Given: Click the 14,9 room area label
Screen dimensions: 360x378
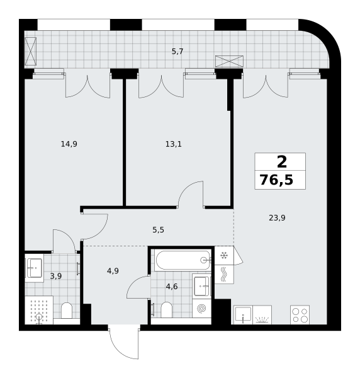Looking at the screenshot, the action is pyautogui.click(x=69, y=144).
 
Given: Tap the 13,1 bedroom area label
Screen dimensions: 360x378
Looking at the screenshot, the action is pyautogui.click(x=173, y=144).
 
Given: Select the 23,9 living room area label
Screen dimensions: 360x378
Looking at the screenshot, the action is pyautogui.click(x=277, y=218).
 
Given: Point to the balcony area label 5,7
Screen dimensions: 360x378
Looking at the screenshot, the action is pyautogui.click(x=177, y=52).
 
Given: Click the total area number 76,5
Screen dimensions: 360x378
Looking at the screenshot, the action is pyautogui.click(x=277, y=180).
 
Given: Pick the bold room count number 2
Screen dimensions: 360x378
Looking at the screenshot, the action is pyautogui.click(x=282, y=162).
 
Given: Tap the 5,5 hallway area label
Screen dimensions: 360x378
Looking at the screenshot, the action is pyautogui.click(x=158, y=230).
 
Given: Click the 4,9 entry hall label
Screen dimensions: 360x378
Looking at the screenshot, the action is pyautogui.click(x=113, y=271).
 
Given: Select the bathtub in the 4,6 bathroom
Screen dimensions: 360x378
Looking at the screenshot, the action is pyautogui.click(x=183, y=260).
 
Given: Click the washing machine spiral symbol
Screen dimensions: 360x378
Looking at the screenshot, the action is pyautogui.click(x=201, y=309).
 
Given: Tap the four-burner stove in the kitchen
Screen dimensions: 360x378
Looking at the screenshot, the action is pyautogui.click(x=300, y=315).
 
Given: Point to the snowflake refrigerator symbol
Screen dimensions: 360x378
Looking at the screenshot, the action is pyautogui.click(x=224, y=255).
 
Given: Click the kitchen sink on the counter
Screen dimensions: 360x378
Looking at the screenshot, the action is pyautogui.click(x=243, y=314).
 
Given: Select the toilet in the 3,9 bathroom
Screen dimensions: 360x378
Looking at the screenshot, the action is pyautogui.click(x=67, y=311).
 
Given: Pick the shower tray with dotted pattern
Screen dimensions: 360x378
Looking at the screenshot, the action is pyautogui.click(x=39, y=310).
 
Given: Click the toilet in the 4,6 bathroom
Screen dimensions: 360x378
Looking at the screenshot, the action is pyautogui.click(x=166, y=310).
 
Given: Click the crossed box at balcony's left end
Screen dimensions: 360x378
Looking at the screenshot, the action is pyautogui.click(x=31, y=51).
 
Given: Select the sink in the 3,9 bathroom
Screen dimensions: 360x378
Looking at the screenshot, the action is pyautogui.click(x=35, y=268).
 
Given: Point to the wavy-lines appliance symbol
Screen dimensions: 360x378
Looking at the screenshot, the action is pyautogui.click(x=224, y=274).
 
